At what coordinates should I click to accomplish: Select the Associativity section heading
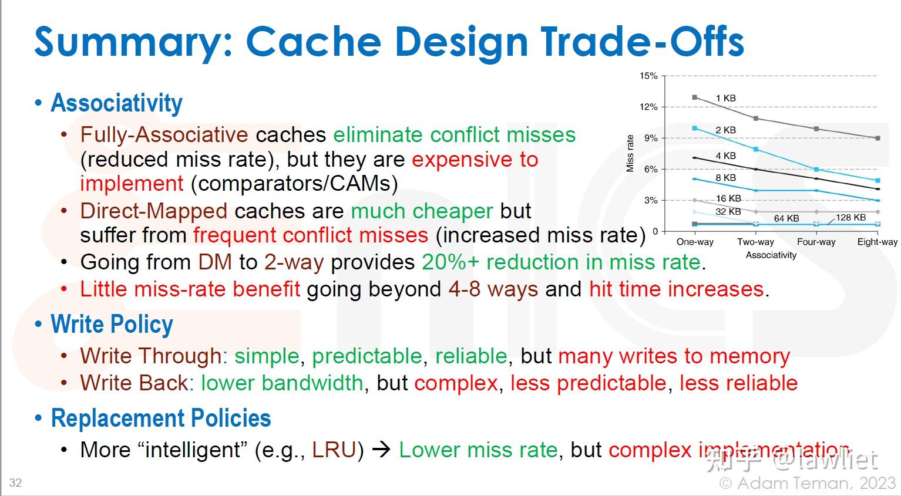point(117,103)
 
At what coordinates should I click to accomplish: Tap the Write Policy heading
point(112,325)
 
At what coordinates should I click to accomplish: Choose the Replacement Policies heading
point(161,418)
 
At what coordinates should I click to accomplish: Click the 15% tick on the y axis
point(648,76)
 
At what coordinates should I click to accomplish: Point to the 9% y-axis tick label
point(650,139)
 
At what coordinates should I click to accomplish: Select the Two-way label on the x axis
point(755,242)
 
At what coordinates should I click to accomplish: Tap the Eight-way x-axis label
point(878,242)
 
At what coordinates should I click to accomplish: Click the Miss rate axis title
point(630,154)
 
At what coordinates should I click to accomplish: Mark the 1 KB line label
point(725,98)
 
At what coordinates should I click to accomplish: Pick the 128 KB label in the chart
point(850,217)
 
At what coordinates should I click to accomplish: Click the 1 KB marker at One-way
point(695,97)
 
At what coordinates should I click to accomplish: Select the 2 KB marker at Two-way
point(756,150)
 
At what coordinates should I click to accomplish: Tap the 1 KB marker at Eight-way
point(878,139)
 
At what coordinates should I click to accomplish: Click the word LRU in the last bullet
point(334,450)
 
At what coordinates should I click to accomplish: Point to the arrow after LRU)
point(381,450)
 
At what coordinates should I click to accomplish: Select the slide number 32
point(15,482)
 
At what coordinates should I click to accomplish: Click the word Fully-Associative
point(164,134)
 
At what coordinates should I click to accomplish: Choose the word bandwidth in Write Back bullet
point(312,383)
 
